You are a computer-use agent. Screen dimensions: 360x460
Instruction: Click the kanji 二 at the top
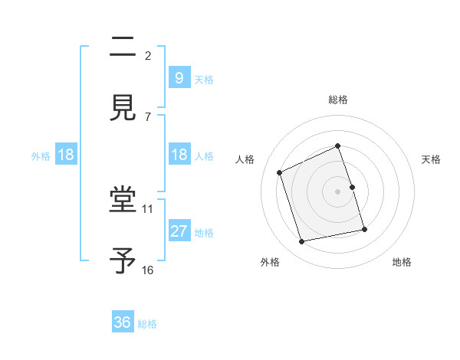(x=123, y=49)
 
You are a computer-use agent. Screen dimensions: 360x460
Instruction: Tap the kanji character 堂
(x=123, y=201)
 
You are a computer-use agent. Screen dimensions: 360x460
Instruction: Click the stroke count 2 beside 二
(x=148, y=55)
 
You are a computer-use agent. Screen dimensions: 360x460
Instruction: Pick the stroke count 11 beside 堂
(x=148, y=208)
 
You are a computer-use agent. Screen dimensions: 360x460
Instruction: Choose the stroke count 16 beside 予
(x=148, y=270)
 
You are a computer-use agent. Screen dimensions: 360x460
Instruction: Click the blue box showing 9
(x=179, y=77)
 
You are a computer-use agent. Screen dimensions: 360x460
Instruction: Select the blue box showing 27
(x=179, y=231)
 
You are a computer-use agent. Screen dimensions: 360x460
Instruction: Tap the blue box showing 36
(x=123, y=322)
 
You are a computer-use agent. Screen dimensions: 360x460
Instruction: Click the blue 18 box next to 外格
(x=66, y=155)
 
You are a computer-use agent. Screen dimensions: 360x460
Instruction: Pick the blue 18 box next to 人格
(x=179, y=155)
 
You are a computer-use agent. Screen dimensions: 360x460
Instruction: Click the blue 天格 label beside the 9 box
(x=203, y=80)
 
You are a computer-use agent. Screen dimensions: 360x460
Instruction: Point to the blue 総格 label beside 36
(x=147, y=325)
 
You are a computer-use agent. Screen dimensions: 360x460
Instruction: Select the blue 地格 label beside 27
(x=203, y=233)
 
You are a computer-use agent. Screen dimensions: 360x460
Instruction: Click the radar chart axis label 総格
(x=338, y=100)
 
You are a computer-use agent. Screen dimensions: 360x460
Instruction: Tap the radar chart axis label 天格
(x=432, y=159)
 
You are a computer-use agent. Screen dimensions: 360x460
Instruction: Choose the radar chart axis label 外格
(x=270, y=262)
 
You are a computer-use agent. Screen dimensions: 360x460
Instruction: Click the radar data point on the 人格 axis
(x=280, y=172)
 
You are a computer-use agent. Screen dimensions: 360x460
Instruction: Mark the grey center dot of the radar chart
(x=338, y=191)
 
